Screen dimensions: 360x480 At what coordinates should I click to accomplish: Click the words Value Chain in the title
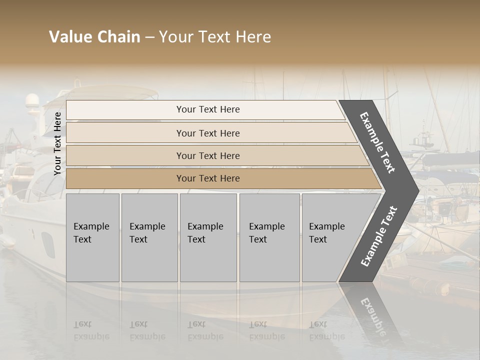94,37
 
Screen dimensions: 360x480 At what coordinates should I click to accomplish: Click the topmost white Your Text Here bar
207,109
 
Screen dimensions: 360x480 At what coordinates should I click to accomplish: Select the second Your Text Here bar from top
207,133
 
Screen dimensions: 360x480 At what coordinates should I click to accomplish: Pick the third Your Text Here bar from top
207,155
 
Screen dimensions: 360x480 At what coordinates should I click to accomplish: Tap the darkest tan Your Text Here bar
207,178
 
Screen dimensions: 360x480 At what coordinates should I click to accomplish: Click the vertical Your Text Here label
57,143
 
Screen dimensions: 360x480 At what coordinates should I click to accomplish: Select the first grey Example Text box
92,237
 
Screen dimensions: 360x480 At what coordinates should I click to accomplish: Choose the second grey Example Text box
149,237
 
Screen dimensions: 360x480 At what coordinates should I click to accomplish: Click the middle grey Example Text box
208,237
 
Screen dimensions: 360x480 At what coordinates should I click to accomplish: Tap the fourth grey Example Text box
269,237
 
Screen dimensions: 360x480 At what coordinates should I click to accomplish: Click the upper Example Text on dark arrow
377,142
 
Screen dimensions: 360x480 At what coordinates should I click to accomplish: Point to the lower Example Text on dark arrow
378,236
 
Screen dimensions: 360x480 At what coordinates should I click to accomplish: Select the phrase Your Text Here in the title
215,37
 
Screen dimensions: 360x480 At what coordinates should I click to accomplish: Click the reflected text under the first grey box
91,330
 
